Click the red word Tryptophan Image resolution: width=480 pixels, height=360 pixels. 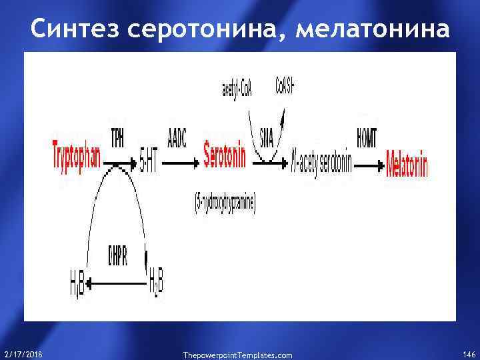pos(77,155)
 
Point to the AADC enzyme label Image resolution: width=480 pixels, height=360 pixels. pos(177,138)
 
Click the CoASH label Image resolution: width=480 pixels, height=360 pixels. pos(286,86)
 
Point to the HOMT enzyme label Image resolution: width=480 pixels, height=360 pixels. pos(366,138)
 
